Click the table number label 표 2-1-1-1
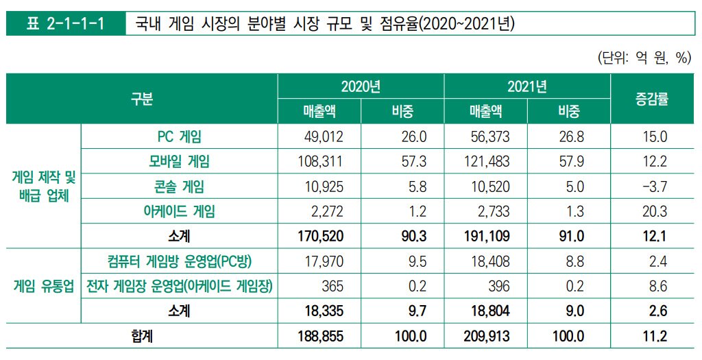(64, 25)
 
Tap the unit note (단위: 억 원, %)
(643, 58)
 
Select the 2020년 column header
(361, 86)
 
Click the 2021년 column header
(526, 86)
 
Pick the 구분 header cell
(142, 99)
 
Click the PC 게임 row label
(179, 136)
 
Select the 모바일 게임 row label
(179, 162)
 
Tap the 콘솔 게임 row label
(179, 187)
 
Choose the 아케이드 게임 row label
(179, 211)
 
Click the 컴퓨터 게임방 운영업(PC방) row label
(179, 261)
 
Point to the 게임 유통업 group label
(43, 286)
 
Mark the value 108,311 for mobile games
(319, 162)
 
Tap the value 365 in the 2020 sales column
(332, 286)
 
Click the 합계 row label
(142, 336)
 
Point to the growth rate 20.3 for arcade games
(655, 211)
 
